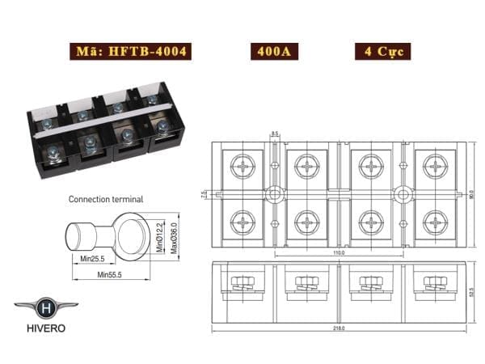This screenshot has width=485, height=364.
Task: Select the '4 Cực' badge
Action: coord(383,52)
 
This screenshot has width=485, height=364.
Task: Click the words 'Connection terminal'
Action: coord(106,199)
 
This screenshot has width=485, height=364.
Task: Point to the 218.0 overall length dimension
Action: coord(338,328)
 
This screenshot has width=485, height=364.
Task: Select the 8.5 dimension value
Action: coord(275,133)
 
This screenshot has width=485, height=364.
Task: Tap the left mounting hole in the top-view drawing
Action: coord(275,194)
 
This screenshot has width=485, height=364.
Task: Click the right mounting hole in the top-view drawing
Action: coord(402,194)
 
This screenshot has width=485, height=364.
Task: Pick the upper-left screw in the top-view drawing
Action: coord(243,167)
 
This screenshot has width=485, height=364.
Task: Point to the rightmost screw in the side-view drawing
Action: coord(434,284)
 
